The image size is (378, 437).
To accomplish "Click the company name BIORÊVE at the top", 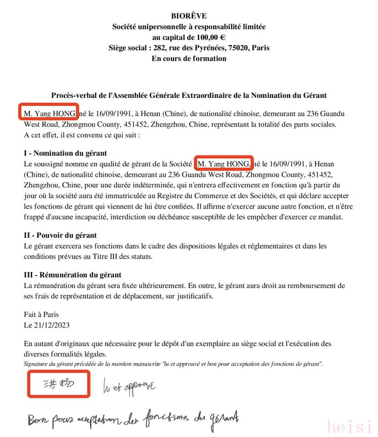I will [189, 16].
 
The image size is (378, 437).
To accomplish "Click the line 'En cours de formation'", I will [189, 58].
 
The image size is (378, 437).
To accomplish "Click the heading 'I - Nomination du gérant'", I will [65, 153].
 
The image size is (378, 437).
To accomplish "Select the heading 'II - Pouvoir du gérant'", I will [60, 235].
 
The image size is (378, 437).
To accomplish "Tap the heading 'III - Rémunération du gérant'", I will [72, 275].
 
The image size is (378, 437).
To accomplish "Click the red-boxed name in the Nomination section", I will [224, 164].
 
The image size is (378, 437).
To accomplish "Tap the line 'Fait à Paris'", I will [41, 315].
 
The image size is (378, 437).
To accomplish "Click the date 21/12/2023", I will [52, 325].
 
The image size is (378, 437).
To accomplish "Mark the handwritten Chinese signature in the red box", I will [58, 384].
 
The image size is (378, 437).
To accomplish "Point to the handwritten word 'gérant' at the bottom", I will [224, 419].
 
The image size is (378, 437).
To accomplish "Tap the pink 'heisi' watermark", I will [350, 427].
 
